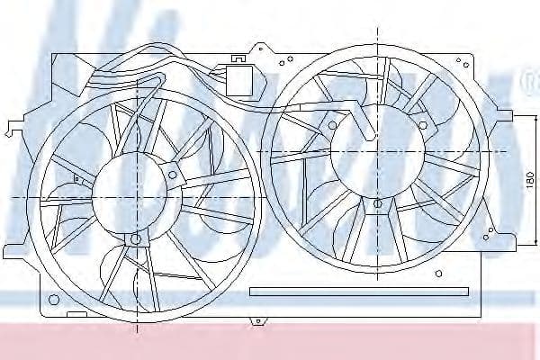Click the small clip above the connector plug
pos(240,59)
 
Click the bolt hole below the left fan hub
pos(135,238)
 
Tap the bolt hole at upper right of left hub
pos(173,167)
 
